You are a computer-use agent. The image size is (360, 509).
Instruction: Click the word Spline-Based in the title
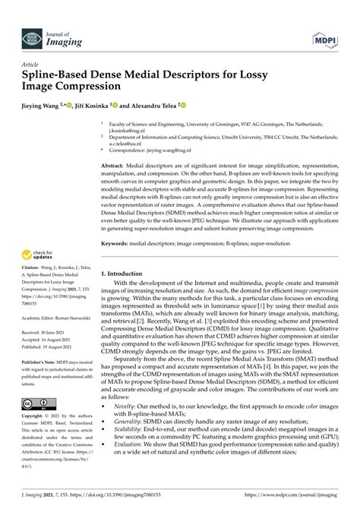click(57, 77)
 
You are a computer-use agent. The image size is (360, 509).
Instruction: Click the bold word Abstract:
click(115, 164)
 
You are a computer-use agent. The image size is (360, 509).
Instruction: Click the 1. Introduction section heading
click(126, 273)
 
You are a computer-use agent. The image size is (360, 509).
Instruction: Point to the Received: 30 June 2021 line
click(46, 331)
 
